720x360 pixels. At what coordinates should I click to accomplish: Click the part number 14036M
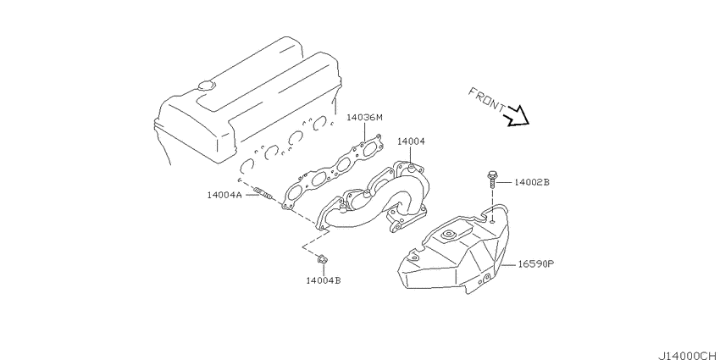coord(364,118)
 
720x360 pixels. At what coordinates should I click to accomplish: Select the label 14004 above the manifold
coord(411,141)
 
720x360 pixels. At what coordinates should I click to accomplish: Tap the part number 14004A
coord(224,195)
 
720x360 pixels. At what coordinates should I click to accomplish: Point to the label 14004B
coord(324,280)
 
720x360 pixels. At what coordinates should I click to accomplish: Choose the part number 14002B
coord(531,182)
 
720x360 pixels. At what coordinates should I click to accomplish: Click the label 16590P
coord(537,264)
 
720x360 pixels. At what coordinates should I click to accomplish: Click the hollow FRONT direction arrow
coord(518,116)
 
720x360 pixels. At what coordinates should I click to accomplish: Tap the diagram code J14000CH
coord(689,356)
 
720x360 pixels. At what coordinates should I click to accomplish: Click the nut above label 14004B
coord(322,260)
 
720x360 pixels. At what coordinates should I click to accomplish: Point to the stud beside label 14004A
coord(265,193)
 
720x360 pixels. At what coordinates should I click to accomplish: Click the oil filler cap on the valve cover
coord(205,86)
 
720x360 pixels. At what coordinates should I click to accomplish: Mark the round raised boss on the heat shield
coord(446,236)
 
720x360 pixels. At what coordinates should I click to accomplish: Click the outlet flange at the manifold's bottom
coord(406,220)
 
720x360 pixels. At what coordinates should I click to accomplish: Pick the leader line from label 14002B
coord(505,182)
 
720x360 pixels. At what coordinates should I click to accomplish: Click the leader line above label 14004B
coord(323,269)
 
